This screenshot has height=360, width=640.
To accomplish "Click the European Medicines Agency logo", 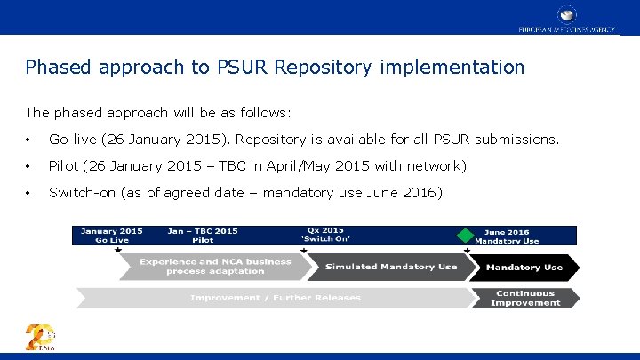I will pos(567,18).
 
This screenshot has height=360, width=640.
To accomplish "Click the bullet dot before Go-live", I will pos(29,140).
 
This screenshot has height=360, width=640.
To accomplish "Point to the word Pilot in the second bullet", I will pos(63,166).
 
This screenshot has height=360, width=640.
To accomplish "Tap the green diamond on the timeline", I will pos(463,236).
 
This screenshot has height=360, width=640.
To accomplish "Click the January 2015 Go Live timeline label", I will pos(111,236).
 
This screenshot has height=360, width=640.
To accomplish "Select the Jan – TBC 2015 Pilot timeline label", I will pos(202,236).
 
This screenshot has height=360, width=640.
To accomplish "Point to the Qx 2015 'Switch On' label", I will pos(326,235).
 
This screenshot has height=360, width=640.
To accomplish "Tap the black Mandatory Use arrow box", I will pos(524,267).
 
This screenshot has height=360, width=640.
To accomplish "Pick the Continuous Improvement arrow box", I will pos(524,298).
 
